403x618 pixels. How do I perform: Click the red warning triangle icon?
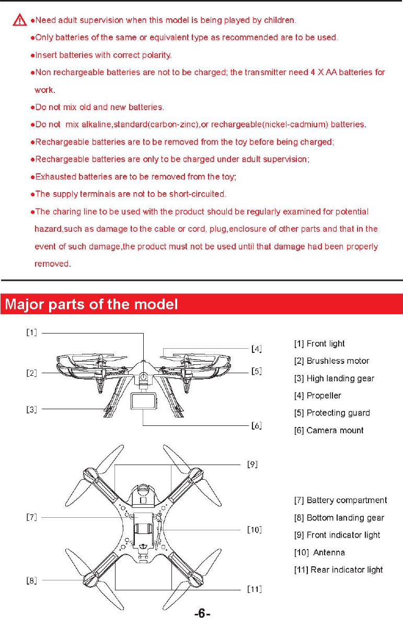(20, 21)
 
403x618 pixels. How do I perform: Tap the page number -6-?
(202, 610)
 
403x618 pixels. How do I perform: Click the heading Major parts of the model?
(89, 304)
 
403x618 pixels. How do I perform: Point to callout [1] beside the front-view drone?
(32, 332)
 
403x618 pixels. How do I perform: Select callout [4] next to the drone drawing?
(256, 348)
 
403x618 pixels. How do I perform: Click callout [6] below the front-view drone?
(256, 425)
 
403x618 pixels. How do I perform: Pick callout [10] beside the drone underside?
(254, 530)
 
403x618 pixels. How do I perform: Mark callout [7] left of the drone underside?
(32, 517)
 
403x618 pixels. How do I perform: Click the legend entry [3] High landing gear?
(334, 378)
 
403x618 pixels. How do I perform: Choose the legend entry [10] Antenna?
(319, 552)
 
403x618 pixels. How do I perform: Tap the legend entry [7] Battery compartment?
(341, 501)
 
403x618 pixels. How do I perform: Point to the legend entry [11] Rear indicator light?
(339, 569)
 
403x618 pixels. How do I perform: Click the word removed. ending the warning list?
(52, 264)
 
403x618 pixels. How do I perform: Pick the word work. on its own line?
(45, 90)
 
